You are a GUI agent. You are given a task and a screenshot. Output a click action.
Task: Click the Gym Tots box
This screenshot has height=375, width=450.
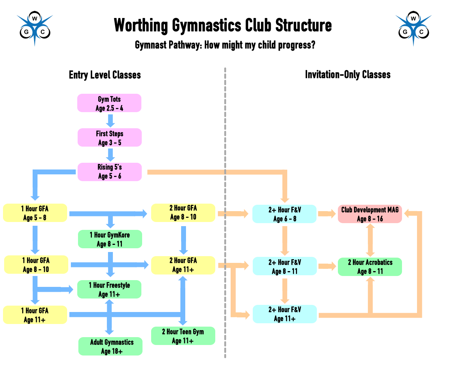109,103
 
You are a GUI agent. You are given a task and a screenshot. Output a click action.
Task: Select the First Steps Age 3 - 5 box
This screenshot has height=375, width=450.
109,138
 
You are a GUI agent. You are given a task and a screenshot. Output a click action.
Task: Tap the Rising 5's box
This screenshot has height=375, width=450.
109,172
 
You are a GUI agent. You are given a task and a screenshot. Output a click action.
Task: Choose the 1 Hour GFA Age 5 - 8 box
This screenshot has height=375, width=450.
35,213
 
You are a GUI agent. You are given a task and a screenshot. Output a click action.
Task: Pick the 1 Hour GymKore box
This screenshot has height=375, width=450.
109,239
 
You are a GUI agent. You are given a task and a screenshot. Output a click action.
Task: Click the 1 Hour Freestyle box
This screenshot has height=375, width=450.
109,289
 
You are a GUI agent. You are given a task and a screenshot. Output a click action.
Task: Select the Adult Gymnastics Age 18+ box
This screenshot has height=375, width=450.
111,346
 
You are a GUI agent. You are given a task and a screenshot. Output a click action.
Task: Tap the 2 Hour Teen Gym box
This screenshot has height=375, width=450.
183,336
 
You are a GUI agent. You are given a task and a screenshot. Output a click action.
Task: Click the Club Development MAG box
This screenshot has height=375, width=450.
370,214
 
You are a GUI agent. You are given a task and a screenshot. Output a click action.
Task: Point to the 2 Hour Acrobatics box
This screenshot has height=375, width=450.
370,267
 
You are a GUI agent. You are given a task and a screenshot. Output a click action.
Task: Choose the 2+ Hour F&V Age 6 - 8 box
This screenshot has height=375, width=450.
285,214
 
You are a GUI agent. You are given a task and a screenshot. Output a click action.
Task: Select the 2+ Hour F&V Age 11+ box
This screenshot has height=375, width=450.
285,314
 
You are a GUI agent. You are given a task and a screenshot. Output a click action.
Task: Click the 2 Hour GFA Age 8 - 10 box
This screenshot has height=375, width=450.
183,213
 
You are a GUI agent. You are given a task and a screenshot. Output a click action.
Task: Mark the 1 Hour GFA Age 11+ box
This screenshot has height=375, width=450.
35,315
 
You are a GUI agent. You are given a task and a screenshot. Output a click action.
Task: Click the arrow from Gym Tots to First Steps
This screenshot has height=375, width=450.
110,120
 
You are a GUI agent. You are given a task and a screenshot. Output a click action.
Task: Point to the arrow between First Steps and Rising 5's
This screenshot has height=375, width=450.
110,154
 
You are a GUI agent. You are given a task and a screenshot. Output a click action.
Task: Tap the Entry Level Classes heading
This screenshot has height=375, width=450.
105,75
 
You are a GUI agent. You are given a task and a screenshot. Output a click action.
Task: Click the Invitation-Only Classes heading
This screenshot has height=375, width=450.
348,75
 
